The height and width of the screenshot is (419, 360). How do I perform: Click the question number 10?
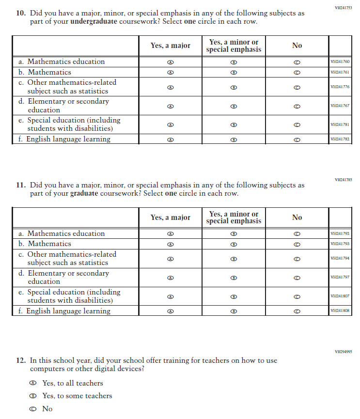20,14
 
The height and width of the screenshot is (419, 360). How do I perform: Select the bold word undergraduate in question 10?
94,22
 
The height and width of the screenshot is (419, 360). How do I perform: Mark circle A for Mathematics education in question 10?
171,62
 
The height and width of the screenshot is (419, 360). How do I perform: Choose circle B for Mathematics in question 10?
234,73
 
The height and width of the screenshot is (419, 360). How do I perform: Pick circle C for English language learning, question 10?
297,140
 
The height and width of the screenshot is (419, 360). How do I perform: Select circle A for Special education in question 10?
171,124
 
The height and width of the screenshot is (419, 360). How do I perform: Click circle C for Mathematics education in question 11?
297,234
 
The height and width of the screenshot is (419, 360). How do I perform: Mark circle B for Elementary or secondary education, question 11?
234,278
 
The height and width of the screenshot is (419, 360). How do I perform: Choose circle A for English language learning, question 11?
171,311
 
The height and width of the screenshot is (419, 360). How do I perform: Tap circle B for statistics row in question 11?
234,259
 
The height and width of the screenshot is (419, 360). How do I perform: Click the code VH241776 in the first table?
340,87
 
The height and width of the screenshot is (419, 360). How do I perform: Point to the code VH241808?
340,310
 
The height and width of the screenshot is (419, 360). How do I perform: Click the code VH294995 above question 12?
343,352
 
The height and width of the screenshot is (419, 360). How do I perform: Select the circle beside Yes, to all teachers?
33,383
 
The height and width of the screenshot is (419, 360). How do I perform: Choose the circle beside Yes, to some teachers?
33,396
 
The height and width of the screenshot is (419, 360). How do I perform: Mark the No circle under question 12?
33,409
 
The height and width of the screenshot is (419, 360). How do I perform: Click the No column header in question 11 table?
297,217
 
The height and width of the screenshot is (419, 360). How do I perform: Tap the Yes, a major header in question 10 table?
171,46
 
